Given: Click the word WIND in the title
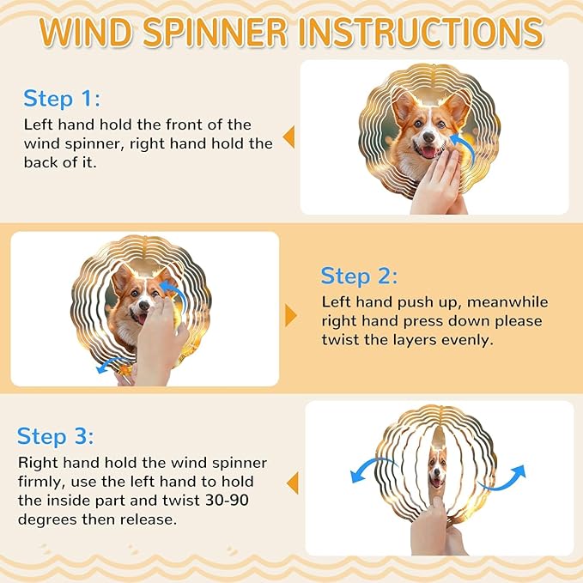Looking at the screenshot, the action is (86, 32).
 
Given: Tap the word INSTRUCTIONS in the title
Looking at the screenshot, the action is (421, 32).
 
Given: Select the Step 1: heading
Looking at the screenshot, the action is (62, 99).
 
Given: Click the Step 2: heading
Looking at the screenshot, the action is (359, 276).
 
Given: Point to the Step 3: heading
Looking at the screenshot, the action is (56, 436).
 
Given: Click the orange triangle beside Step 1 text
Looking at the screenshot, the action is (288, 137).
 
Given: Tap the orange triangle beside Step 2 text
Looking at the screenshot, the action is (291, 316).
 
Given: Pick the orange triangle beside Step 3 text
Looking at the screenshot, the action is (293, 483).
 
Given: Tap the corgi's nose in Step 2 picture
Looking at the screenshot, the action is (144, 306).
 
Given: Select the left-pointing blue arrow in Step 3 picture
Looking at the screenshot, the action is (372, 468).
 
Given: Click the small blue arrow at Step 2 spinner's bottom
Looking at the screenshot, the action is (112, 363).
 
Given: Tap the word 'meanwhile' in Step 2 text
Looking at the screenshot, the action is (507, 302).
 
